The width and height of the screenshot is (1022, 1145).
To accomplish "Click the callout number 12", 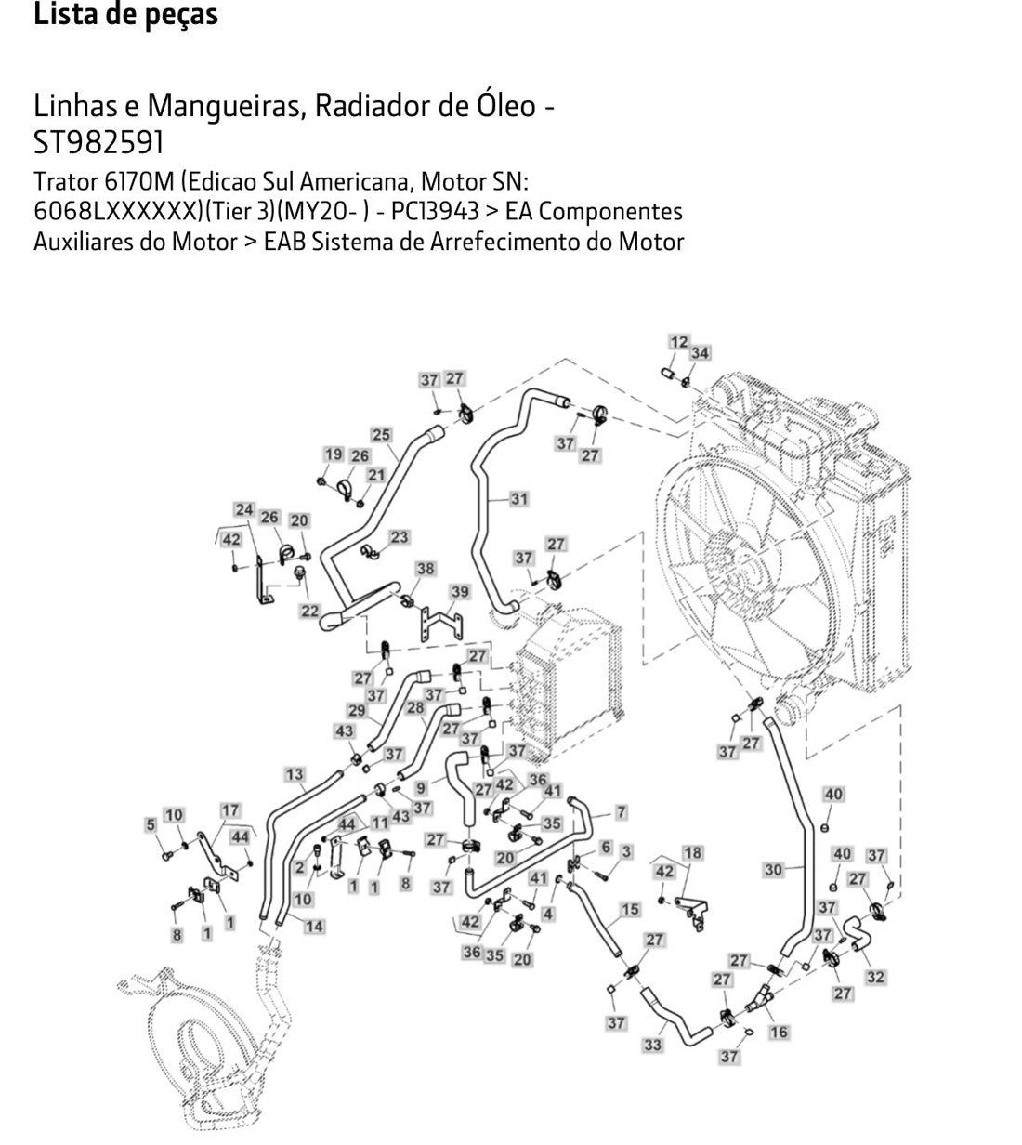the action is click(678, 342).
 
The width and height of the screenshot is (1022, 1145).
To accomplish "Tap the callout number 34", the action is click(700, 352).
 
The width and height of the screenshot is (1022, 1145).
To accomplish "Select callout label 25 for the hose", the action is click(381, 435).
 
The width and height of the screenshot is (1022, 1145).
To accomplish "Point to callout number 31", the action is click(518, 499).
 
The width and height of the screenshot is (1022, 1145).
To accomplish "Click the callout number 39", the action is click(460, 592).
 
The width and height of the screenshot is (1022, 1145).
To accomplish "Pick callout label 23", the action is click(399, 537).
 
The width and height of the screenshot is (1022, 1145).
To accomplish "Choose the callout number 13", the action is click(295, 774).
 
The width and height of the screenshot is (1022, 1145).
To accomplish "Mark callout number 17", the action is click(229, 810).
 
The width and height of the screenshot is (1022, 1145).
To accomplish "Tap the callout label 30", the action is click(773, 870).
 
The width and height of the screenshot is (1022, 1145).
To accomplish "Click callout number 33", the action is click(652, 1045).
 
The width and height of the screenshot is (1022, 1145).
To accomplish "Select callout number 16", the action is click(780, 1032).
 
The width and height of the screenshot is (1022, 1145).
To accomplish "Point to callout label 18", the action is click(692, 853).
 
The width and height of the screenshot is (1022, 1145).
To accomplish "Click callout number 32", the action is click(875, 977).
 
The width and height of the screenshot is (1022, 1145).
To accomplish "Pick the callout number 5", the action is click(151, 824).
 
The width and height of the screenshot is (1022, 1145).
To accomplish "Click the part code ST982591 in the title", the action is click(98, 142).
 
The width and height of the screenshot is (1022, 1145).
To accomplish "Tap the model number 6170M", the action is click(139, 182).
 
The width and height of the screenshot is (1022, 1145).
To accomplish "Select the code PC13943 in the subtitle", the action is click(435, 211).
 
